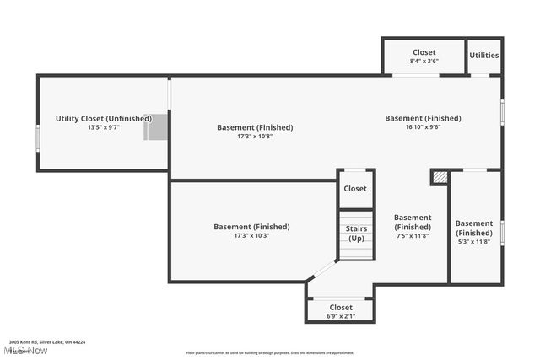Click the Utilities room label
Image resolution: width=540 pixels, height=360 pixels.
[x=484, y=56]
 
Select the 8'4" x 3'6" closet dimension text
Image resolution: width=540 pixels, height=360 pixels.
[x=424, y=61]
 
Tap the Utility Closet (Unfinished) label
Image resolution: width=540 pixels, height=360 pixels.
[x=104, y=119]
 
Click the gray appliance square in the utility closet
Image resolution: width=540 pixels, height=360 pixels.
[x=156, y=127]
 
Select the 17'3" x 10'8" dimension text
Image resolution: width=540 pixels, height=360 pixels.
[x=255, y=136]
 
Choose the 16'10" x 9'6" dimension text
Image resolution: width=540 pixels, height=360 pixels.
[x=423, y=127]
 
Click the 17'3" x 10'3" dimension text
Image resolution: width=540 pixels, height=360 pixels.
[x=251, y=235]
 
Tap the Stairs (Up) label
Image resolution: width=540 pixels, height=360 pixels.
[x=355, y=233]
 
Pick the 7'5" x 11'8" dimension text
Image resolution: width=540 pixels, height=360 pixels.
[x=413, y=235]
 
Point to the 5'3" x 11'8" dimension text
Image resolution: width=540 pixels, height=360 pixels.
[x=473, y=241]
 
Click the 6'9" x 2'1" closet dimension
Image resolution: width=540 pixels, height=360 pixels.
[x=340, y=316]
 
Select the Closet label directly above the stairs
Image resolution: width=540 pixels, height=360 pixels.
[x=355, y=189]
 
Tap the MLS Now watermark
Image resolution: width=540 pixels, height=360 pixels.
[x=25, y=350]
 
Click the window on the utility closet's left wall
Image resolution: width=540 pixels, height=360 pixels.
[x=37, y=137]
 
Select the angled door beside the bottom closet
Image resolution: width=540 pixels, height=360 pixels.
[x=321, y=271]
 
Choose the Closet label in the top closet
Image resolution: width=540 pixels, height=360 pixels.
[x=424, y=52]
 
